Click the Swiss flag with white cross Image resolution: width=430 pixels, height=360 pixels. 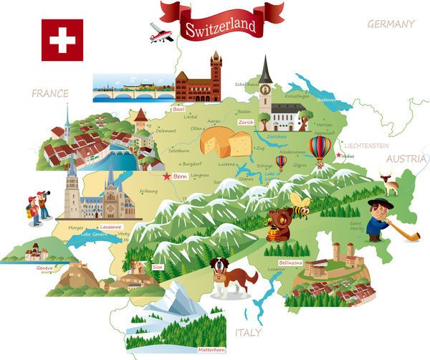(x=62, y=39)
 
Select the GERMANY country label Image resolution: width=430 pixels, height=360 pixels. (x=391, y=24)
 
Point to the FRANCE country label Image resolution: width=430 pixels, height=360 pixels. (x=49, y=93)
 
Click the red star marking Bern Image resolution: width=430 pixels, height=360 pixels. (x=167, y=176)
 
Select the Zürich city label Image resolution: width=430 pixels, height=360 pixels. (x=247, y=123)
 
